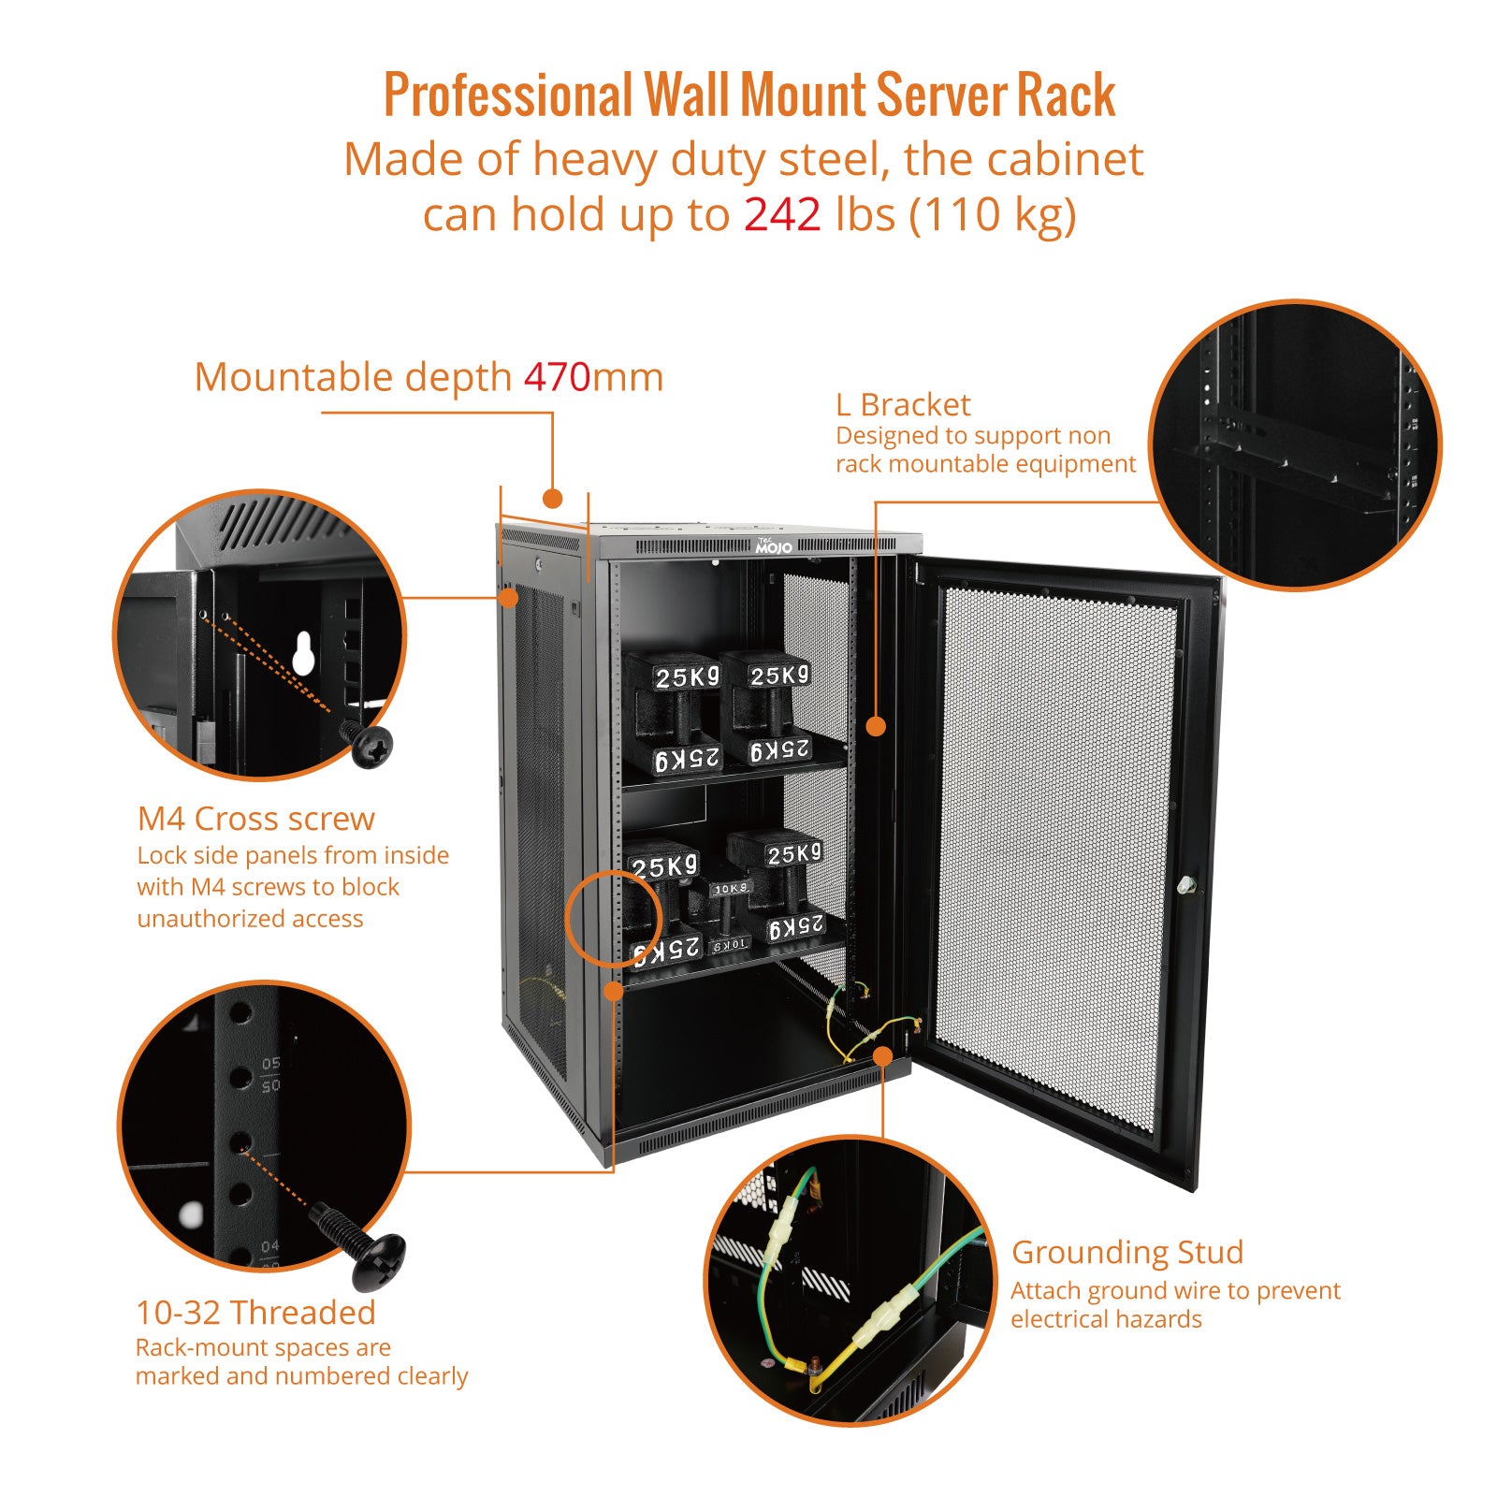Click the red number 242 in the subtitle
pos(782,214)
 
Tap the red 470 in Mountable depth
pos(557,377)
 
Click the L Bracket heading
pos(903,404)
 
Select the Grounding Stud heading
pos(1127,1252)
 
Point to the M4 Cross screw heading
pos(255,819)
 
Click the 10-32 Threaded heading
pos(255,1313)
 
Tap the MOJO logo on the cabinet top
pos(774,546)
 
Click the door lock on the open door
pos(1186,883)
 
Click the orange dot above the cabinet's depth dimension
pos(553,498)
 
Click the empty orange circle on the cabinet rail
pos(603,918)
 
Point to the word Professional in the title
pos(509,95)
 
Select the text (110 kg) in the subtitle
pos(993,214)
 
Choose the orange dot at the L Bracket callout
pos(876,726)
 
